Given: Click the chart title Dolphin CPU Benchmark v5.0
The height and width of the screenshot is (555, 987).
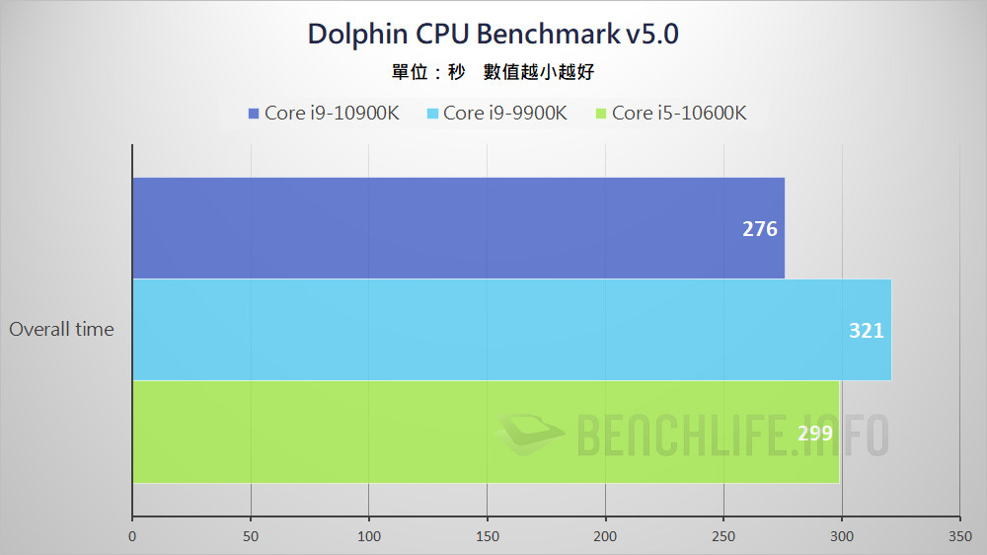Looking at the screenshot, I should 493,34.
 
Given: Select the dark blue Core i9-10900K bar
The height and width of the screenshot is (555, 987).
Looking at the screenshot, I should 458,228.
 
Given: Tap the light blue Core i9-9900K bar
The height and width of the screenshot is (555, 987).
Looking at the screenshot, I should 511,330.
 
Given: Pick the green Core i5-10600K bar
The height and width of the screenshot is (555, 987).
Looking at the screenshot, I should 485,433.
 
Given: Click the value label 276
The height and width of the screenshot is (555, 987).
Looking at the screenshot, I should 760,229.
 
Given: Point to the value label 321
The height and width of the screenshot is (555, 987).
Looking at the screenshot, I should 866,331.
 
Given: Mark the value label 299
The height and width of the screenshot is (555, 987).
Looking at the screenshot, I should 814,433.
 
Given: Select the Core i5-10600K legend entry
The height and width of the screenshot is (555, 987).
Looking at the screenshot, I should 671,113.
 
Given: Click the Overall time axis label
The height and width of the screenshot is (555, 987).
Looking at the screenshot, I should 61,330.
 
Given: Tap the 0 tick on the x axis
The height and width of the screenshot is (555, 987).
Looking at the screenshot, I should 132,536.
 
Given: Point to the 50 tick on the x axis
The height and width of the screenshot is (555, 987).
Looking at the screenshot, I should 251,536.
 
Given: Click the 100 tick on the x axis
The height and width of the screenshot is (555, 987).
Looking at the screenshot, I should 369,536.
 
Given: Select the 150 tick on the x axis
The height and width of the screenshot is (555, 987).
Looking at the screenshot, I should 487,536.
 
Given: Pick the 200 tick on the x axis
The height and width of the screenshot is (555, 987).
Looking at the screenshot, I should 605,536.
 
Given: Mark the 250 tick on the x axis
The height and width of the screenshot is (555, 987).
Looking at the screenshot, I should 723,536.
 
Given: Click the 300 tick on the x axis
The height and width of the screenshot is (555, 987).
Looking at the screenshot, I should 842,536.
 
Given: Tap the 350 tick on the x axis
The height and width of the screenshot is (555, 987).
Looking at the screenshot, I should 959,536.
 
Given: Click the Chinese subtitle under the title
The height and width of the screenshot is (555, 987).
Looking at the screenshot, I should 493,72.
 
